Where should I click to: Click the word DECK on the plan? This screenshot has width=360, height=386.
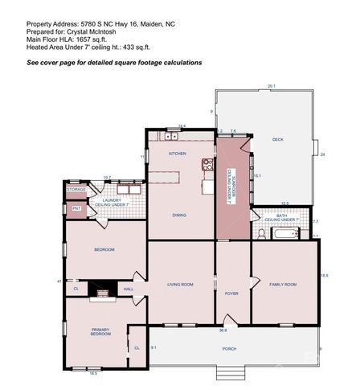pos(278,140)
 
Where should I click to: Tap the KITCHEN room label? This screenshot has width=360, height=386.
pos(177,153)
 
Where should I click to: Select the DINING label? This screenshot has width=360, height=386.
pos(180,215)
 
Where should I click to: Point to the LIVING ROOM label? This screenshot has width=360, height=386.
pos(180,284)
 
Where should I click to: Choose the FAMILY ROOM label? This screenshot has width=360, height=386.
pos(283,284)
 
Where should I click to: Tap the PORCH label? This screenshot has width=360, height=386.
pos(230,348)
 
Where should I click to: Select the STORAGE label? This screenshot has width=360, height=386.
pos(76,189)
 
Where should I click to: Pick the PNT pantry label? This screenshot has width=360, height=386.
pos(76,208)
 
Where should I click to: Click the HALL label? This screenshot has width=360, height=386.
pos(129,289)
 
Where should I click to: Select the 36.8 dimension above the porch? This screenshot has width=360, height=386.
pos(222,330)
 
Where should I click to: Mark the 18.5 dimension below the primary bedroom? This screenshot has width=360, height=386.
pos(93,373)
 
